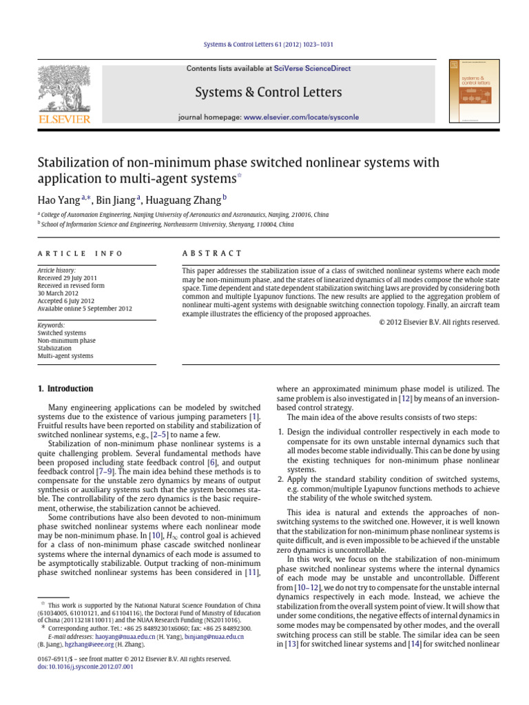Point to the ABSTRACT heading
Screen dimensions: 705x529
(212, 253)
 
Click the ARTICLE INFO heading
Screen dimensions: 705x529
(80, 253)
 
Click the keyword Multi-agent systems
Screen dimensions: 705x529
(65, 356)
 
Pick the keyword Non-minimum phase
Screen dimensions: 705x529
(67, 340)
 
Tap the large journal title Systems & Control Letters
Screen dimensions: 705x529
(269, 92)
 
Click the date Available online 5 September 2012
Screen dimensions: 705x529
(84, 308)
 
